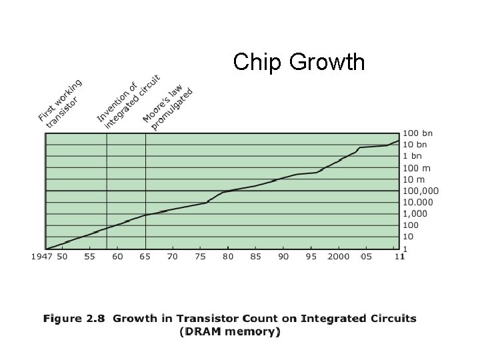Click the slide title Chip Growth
coord(299,62)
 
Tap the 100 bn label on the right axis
coord(416,133)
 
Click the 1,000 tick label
coord(413,213)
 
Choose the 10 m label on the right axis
coord(413,179)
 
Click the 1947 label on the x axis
coord(41,257)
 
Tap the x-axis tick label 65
coord(144,257)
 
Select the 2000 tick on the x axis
coord(338,257)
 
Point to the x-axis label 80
coord(228,257)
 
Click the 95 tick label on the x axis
coord(311,257)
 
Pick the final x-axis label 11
coord(399,257)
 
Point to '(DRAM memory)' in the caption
coord(231,331)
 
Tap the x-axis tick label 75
coord(200,257)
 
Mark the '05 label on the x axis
coord(366,257)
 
